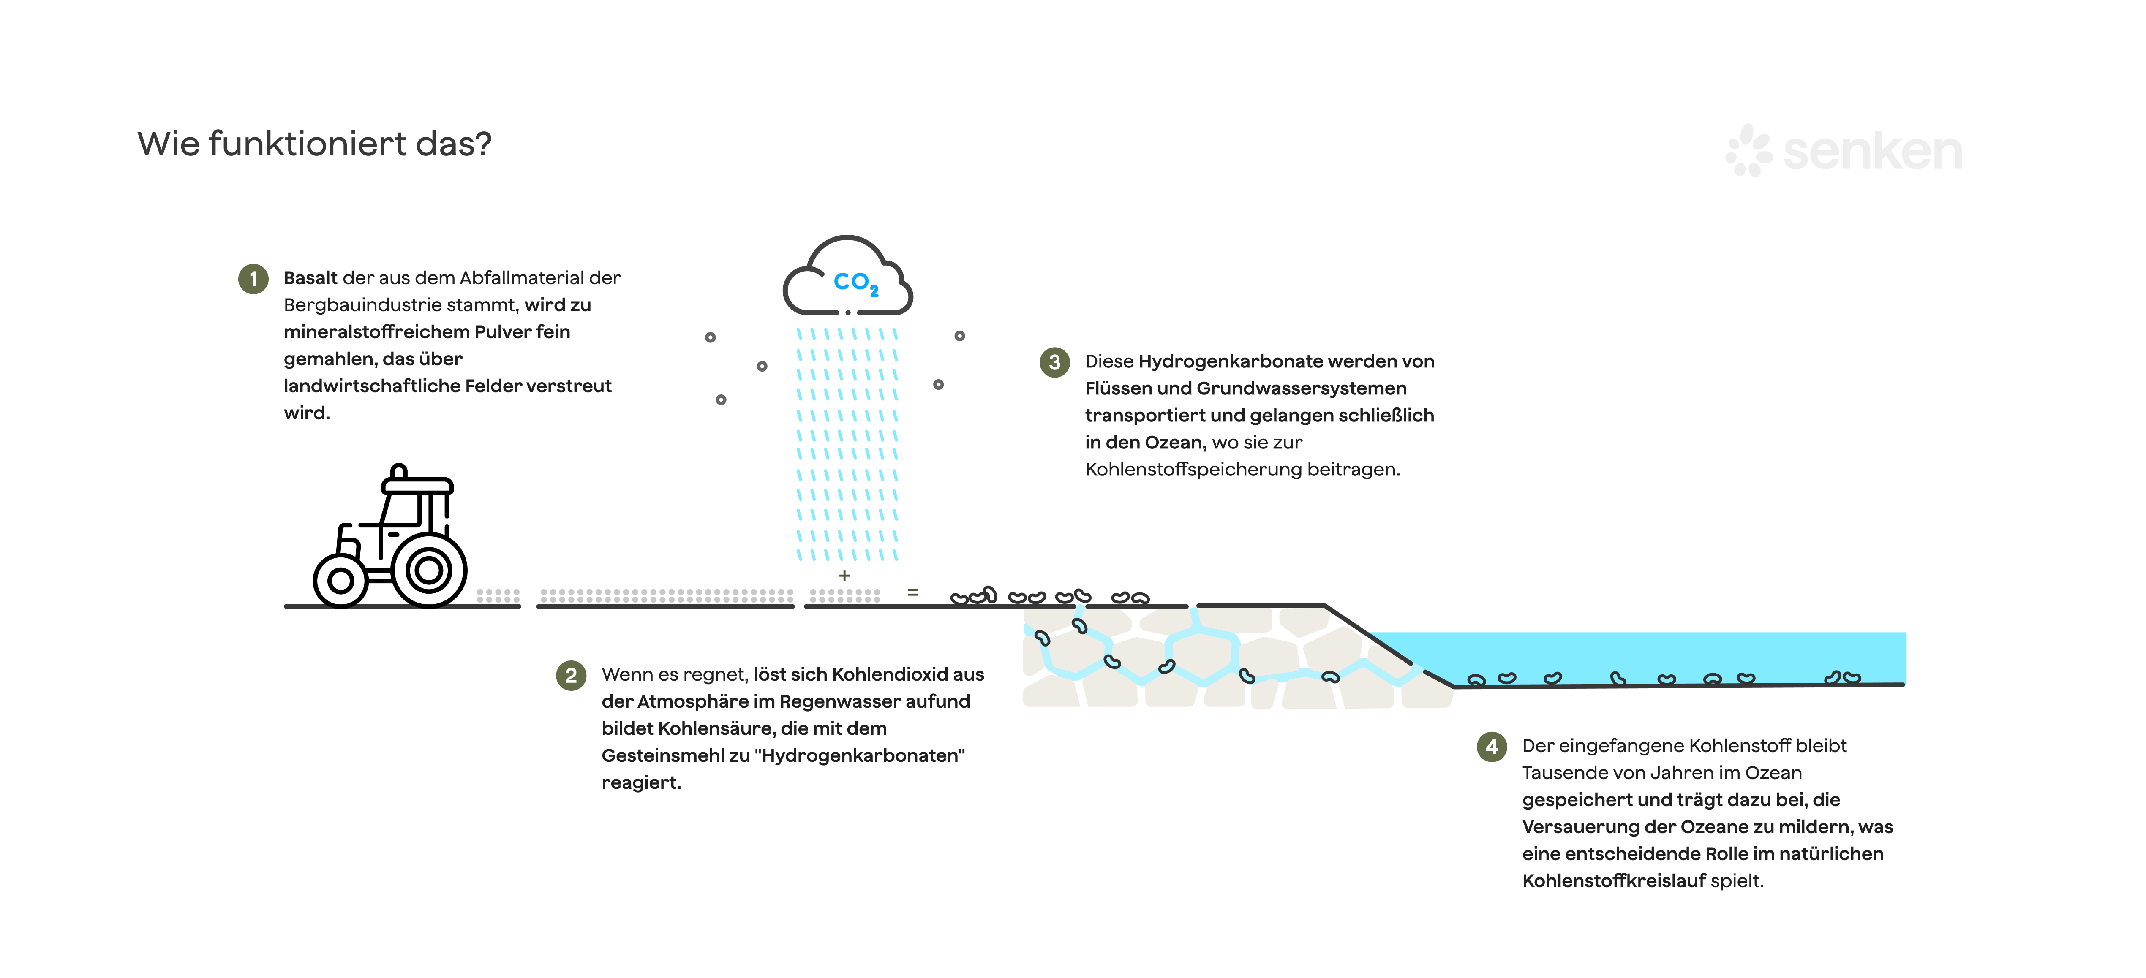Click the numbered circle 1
pos(253,279)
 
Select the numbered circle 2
pos(571,676)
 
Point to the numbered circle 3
pos(1055,362)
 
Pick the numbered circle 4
pos(1491,747)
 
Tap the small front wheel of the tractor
pos(340,581)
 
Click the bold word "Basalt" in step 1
pos(310,278)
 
